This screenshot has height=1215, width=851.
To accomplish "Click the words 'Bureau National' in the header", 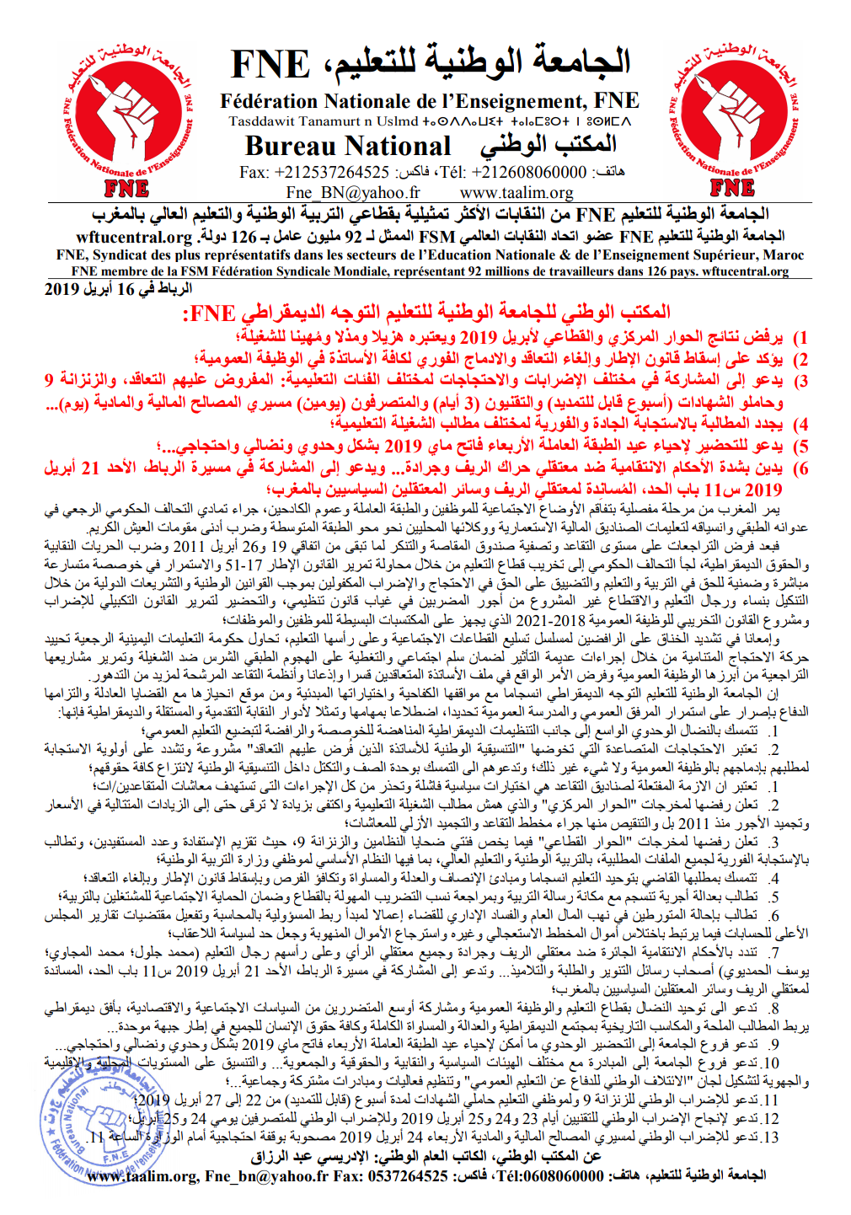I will click(348, 147).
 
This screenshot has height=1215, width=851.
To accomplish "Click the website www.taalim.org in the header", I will click(516, 192).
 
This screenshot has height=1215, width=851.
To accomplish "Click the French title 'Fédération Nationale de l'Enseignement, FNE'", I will click(430, 102).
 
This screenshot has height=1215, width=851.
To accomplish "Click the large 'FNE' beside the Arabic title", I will click(270, 65).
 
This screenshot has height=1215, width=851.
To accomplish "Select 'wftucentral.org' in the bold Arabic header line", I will click(135, 237).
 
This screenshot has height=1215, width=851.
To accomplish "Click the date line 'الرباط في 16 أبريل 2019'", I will click(118, 289).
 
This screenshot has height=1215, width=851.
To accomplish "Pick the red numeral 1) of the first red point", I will click(800, 338).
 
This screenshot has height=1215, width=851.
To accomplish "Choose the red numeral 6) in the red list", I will click(800, 468).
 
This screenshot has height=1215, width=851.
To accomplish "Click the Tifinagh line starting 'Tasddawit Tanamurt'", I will click(430, 122).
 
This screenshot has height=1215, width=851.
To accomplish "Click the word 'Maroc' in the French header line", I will click(784, 254).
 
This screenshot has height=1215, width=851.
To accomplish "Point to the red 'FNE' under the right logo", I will click(731, 188).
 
